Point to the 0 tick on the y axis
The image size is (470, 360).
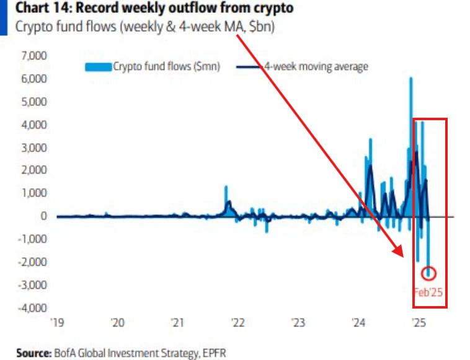pyautogui.click(x=44, y=216)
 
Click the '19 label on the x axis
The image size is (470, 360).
pyautogui.click(x=57, y=323)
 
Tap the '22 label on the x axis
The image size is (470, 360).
pyautogui.click(x=238, y=323)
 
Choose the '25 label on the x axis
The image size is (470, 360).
pyautogui.click(x=419, y=323)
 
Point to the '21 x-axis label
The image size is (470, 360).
pyautogui.click(x=178, y=323)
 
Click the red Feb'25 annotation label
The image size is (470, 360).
pyautogui.click(x=429, y=292)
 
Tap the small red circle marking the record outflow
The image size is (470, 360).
pyautogui.click(x=429, y=273)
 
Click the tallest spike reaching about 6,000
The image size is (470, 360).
pyautogui.click(x=410, y=79)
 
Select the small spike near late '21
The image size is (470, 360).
pyautogui.click(x=226, y=187)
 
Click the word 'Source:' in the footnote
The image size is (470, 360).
pyautogui.click(x=32, y=353)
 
